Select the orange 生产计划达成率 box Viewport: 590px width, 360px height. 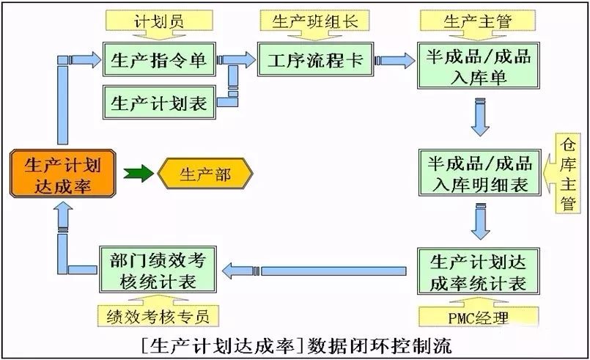pyautogui.click(x=63, y=173)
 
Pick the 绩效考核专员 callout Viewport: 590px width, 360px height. pyautogui.click(x=158, y=317)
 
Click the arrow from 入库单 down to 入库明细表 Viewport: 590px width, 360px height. pyautogui.click(x=479, y=120)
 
